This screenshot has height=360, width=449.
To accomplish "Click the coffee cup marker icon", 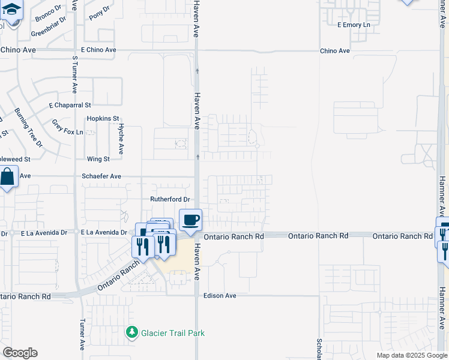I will pyautogui.click(x=190, y=220).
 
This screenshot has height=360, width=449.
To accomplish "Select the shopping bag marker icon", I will pyautogui.click(x=7, y=178).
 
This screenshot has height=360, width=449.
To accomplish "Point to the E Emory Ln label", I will pyautogui.click(x=354, y=25).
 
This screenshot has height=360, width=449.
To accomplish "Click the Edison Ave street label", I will pyautogui.click(x=220, y=296).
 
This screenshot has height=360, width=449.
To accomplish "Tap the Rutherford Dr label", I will pyautogui.click(x=169, y=199).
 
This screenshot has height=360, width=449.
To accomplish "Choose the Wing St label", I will pyautogui.click(x=98, y=159).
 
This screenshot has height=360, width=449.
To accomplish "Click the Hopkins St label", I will pyautogui.click(x=103, y=119).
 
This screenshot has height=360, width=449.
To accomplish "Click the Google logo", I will pyautogui.click(x=20, y=353).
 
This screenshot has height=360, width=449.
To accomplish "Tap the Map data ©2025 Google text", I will pyautogui.click(x=411, y=355).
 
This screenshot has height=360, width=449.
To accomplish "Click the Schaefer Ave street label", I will pyautogui.click(x=101, y=176).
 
